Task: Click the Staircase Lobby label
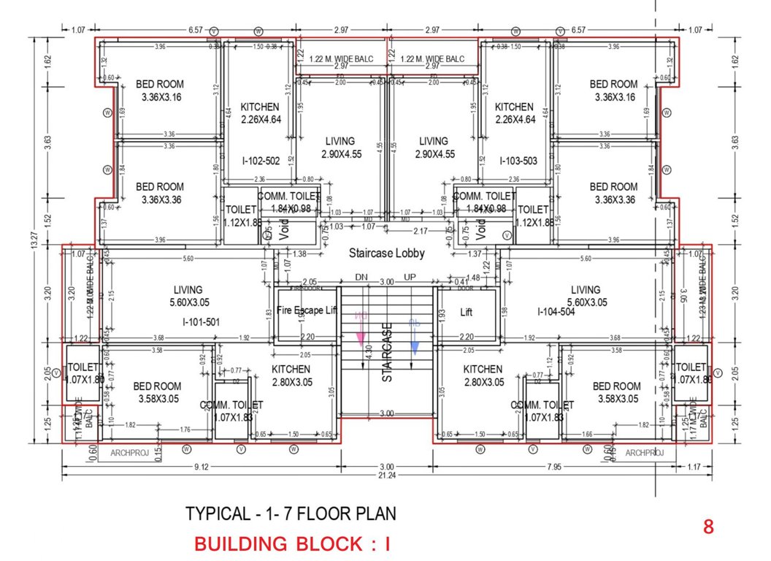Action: pos(387,253)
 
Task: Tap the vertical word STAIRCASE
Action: pos(388,353)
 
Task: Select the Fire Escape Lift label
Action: pos(307,310)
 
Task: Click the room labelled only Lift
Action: pos(467,312)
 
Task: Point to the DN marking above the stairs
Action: pos(361,278)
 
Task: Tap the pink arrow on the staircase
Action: pos(360,333)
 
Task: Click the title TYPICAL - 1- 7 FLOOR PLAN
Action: pos(291,514)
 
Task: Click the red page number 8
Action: pos(707,527)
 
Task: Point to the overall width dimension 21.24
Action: pos(387,476)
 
